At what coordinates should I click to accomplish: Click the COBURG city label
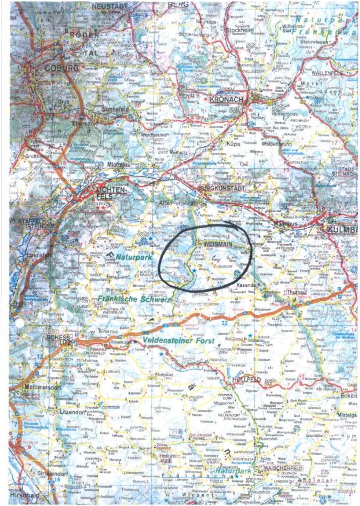click(62, 68)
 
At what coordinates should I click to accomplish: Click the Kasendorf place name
click(248, 285)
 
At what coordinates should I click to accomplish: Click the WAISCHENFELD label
click(283, 468)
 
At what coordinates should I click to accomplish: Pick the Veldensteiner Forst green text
click(178, 340)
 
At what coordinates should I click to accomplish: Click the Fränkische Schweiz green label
click(125, 299)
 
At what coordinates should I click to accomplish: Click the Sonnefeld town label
click(115, 109)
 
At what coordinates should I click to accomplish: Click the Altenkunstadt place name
click(178, 203)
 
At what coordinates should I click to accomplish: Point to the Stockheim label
click(240, 30)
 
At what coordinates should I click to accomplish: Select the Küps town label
click(233, 144)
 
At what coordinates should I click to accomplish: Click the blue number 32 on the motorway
click(225, 323)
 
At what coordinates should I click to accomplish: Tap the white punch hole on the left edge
click(19, 324)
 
